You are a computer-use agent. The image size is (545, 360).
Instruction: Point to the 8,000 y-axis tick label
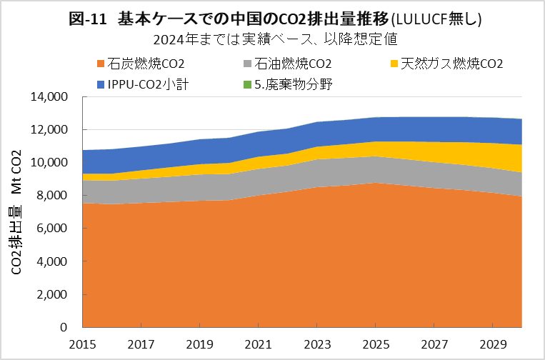click(53, 196)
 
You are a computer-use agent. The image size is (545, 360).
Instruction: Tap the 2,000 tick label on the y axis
click(53, 294)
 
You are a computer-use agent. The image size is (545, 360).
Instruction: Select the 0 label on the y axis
click(64, 327)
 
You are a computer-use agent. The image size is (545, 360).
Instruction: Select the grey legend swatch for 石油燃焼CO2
click(247, 64)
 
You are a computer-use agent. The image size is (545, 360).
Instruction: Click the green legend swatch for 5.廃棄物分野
click(247, 85)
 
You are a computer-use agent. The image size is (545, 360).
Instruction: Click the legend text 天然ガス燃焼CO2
click(451, 64)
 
